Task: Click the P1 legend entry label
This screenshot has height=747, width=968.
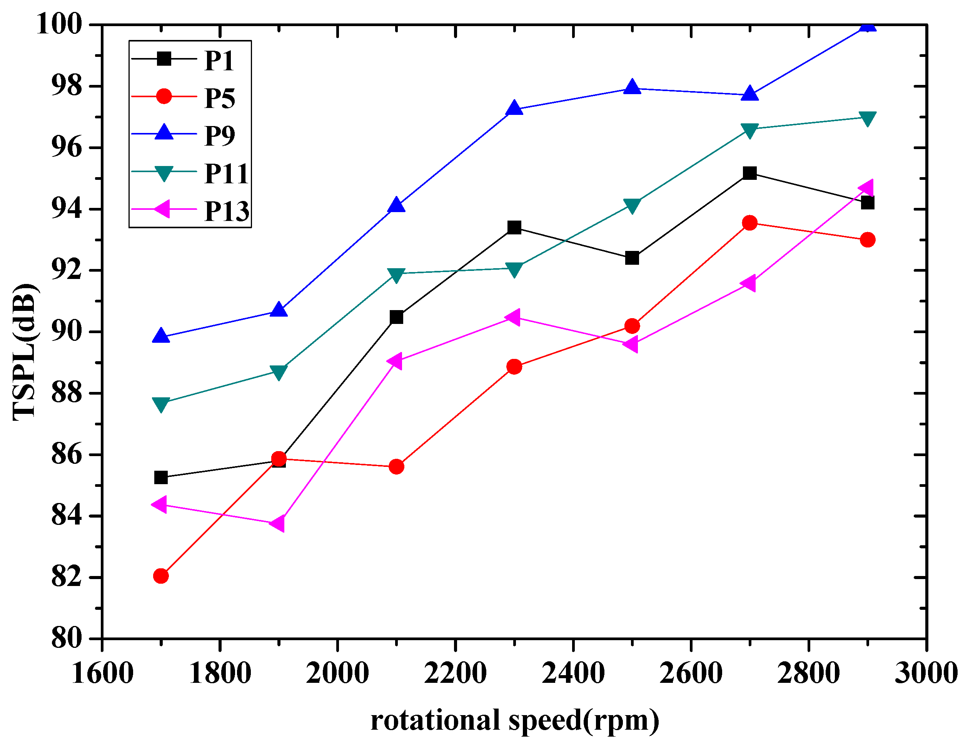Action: click(219, 61)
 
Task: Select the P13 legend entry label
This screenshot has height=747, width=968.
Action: click(227, 211)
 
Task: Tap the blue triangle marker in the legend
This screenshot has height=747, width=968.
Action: click(164, 133)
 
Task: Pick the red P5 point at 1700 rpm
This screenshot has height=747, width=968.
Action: click(161, 576)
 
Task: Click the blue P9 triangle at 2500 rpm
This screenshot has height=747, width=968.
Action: click(632, 87)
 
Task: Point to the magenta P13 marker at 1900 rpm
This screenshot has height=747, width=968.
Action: click(278, 524)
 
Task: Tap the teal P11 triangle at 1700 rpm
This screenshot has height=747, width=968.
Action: click(161, 404)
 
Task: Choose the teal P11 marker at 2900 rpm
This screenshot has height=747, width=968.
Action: click(867, 118)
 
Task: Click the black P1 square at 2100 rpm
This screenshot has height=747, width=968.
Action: click(396, 317)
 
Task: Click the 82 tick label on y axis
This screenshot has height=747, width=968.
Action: click(67, 578)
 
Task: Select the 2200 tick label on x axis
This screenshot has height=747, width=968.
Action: click(455, 674)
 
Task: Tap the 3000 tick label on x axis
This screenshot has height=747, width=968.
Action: click(926, 674)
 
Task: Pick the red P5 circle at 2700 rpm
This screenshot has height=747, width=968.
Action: click(749, 223)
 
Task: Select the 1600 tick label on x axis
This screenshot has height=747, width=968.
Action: click(102, 674)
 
